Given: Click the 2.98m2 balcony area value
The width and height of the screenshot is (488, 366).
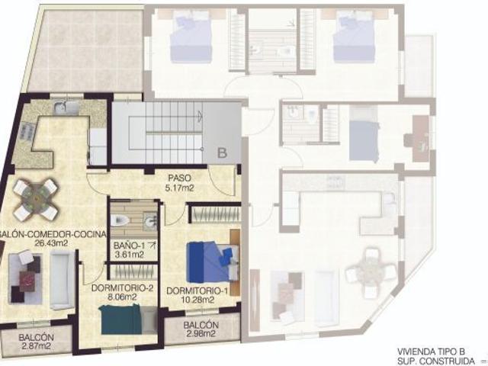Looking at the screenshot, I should (x=202, y=335).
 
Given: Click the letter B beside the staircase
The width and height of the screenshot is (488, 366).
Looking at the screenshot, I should (x=222, y=152).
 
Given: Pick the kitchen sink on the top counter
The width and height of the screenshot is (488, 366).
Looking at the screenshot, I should (x=67, y=109).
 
